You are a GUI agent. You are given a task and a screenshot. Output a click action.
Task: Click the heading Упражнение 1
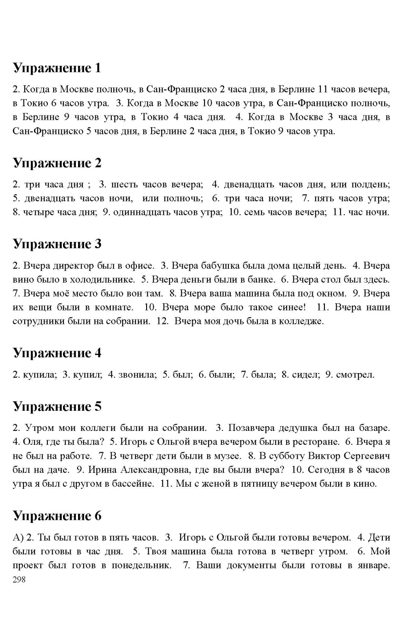(57, 68)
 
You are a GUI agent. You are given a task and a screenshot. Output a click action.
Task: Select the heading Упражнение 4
(57, 353)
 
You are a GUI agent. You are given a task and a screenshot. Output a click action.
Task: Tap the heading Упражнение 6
(57, 516)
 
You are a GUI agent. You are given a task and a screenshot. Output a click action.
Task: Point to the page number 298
(19, 580)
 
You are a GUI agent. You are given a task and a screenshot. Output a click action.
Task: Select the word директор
(73, 266)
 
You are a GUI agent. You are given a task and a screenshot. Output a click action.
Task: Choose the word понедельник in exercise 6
(141, 565)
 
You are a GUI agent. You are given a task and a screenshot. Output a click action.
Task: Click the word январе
(373, 565)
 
